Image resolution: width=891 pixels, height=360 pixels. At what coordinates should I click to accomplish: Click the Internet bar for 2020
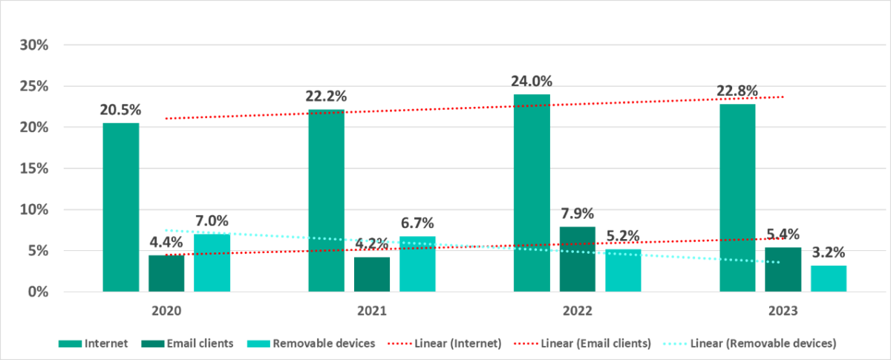tap(121, 207)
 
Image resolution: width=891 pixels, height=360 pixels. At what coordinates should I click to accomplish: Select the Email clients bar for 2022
tap(578, 259)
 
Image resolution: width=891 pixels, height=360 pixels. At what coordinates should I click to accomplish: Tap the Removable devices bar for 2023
tap(829, 278)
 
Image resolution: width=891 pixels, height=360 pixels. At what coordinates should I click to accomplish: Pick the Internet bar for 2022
tap(532, 193)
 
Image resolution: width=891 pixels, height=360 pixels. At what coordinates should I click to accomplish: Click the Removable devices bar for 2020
tap(212, 263)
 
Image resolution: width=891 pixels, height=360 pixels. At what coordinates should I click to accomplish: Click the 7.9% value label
tap(577, 215)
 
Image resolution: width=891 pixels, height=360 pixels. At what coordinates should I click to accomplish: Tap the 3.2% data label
tap(828, 252)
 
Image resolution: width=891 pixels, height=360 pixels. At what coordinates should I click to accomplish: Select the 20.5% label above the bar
tap(121, 110)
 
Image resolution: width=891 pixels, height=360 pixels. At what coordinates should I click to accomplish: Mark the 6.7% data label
tap(417, 223)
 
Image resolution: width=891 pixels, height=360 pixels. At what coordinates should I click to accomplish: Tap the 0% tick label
tap(39, 292)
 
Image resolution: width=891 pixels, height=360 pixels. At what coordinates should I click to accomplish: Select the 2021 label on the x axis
tap(372, 312)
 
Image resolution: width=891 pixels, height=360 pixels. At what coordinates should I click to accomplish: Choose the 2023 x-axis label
tap(783, 312)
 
